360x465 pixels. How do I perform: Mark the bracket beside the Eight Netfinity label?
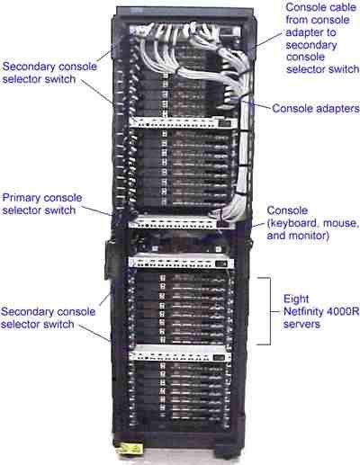click(x=267, y=310)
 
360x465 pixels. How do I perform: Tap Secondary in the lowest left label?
click(x=27, y=312)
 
